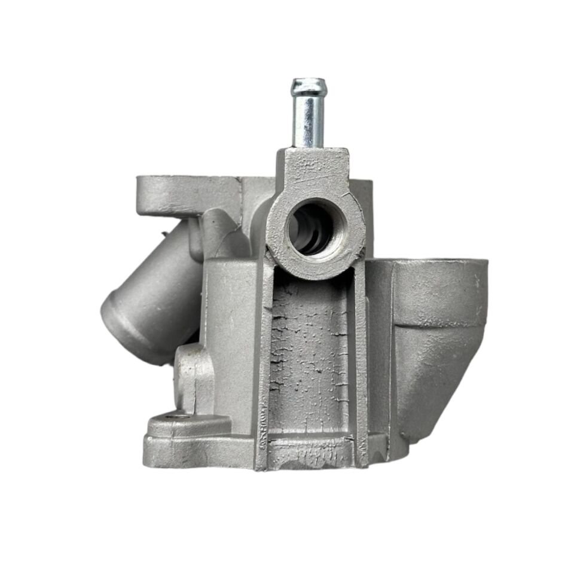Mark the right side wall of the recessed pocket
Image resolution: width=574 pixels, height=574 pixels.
tap(361, 359)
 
